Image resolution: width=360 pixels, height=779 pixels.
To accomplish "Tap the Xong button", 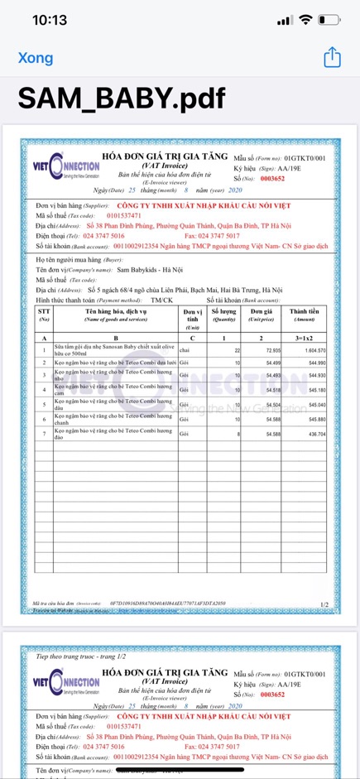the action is coord(36,58).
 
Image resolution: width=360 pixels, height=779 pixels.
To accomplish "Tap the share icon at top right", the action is coord(332,57).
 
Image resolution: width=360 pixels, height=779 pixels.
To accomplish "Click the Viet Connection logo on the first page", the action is coord(65,169).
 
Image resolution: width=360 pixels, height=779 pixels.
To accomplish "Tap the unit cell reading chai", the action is coord(185,352).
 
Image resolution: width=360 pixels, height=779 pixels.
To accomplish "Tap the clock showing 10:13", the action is coord(50,20).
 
